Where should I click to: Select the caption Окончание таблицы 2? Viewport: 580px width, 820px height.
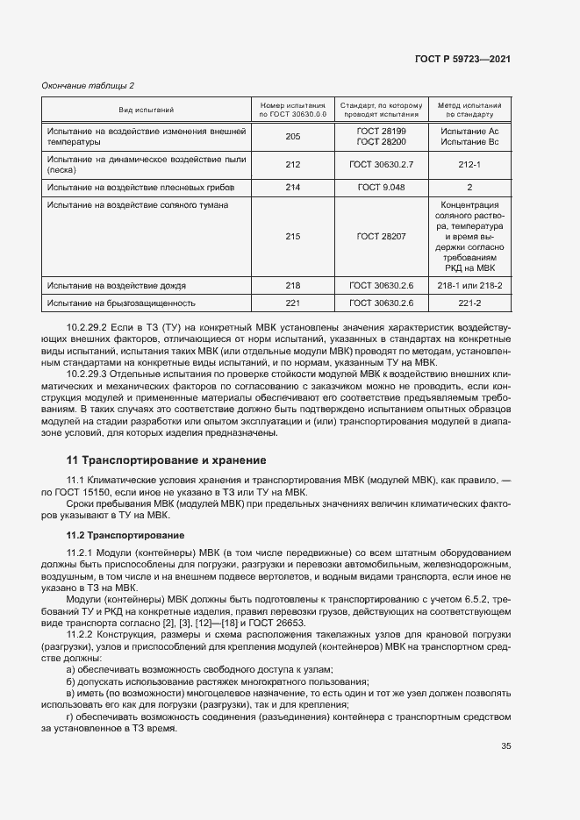[89, 85]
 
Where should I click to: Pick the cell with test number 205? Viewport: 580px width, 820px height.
[293, 136]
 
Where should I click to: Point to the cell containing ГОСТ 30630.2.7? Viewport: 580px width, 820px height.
[381, 164]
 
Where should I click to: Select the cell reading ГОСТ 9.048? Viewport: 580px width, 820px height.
[381, 188]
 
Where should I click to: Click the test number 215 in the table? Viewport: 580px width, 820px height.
[293, 236]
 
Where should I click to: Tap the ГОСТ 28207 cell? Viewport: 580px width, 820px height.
[381, 236]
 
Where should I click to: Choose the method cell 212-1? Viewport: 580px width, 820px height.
[469, 164]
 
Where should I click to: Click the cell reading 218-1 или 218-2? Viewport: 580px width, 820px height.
[469, 286]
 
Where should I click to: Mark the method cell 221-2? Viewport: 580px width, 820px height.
[469, 303]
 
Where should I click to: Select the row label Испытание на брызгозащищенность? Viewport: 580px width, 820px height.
[120, 303]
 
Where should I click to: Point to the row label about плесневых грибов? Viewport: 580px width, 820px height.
[135, 188]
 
